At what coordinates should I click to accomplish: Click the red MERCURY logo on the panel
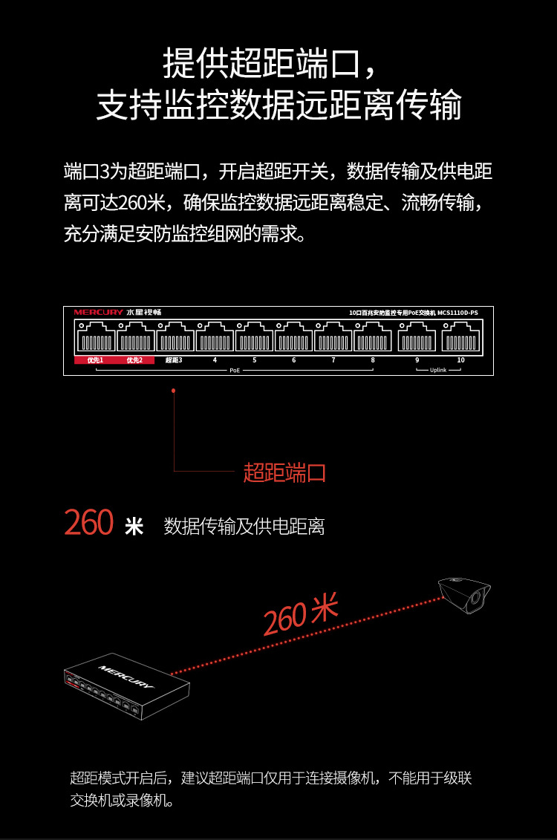(98, 313)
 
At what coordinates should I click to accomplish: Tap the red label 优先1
(94, 360)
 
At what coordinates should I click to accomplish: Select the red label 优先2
(134, 360)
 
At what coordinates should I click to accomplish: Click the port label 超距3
(174, 360)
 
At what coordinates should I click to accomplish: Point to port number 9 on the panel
(417, 360)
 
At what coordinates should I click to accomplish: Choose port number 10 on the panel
(460, 360)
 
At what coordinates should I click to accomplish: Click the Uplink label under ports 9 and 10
(438, 369)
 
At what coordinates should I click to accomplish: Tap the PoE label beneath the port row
(235, 369)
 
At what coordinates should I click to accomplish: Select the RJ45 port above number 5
(254, 338)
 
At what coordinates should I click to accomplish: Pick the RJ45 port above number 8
(373, 338)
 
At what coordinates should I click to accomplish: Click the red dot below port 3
(173, 390)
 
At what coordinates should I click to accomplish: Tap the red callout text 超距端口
(285, 472)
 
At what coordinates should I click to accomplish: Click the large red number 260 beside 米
(88, 523)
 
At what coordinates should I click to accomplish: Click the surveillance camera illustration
(463, 594)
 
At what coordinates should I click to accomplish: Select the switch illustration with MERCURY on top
(126, 686)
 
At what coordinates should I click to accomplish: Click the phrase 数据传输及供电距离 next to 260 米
(244, 527)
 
